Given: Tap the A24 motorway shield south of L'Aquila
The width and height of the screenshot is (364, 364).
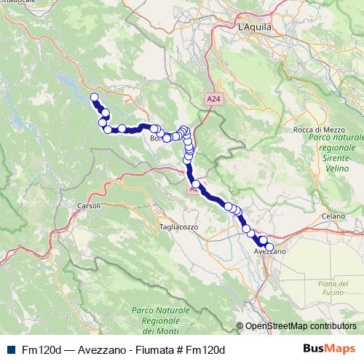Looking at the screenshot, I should coord(210,98).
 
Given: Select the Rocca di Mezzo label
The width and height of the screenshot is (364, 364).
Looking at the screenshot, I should coord(313,129).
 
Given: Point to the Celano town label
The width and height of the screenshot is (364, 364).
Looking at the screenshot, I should coord(335,215).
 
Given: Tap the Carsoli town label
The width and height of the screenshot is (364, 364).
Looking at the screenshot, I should coord(88,205).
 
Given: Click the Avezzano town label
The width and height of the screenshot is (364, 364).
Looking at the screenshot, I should coord(269,251).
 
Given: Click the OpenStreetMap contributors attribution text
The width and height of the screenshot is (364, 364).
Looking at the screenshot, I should coord(301,327).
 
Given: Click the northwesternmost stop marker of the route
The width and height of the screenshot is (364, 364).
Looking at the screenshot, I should coord(94,98).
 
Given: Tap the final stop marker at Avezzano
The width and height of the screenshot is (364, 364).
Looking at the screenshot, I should coord(270,248).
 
